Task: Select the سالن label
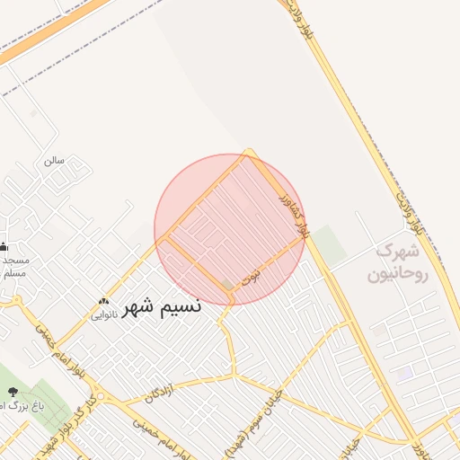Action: (x=54, y=161)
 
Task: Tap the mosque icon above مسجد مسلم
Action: (x=4, y=246)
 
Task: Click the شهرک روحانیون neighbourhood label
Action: (x=399, y=261)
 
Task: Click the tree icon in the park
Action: (x=13, y=392)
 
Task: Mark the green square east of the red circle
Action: (x=329, y=245)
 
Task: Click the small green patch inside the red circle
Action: (x=227, y=285)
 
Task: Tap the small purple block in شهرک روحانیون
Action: (x=405, y=371)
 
